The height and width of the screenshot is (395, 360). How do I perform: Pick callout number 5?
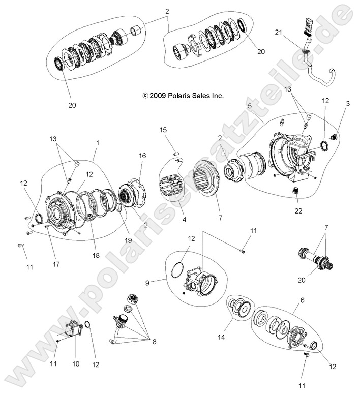pyautogui.click(x=250, y=106)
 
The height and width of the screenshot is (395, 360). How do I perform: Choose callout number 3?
pyautogui.click(x=347, y=104)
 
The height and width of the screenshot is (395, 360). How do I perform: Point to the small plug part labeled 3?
pyautogui.click(x=334, y=136)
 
